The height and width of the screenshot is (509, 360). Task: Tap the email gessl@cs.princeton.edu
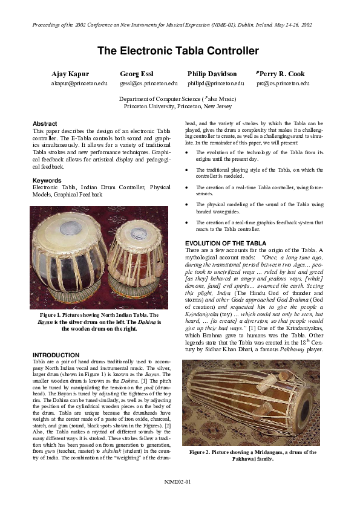point(148,83)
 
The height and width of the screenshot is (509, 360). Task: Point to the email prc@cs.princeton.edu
point(283,83)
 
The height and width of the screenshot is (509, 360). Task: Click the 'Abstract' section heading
point(45,123)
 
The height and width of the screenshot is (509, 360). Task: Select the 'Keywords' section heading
point(48,180)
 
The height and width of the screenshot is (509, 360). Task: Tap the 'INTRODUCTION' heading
point(56,355)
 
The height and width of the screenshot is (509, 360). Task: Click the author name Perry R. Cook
point(283,74)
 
